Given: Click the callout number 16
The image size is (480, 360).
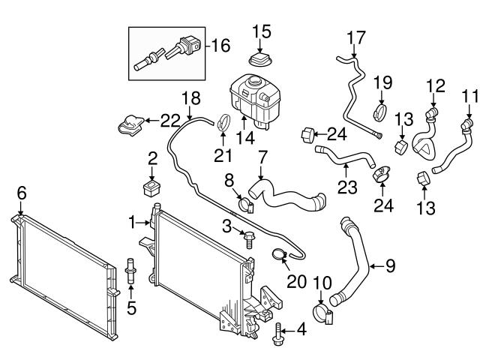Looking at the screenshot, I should pyautogui.click(x=221, y=46).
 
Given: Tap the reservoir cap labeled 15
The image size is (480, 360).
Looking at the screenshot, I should pyautogui.click(x=260, y=59).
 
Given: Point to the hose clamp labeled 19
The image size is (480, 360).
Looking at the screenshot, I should pyautogui.click(x=381, y=114).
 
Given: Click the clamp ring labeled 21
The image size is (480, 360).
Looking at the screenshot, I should pyautogui.click(x=223, y=120).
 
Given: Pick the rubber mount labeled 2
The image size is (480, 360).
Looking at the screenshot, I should pyautogui.click(x=153, y=185).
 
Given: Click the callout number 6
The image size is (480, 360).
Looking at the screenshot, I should pyautogui.click(x=22, y=193).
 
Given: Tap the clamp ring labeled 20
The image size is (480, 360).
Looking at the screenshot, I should pyautogui.click(x=279, y=256).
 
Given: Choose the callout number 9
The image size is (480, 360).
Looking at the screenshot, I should pyautogui.click(x=391, y=265).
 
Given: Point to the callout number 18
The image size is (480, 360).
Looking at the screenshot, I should pyautogui.click(x=191, y=97).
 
